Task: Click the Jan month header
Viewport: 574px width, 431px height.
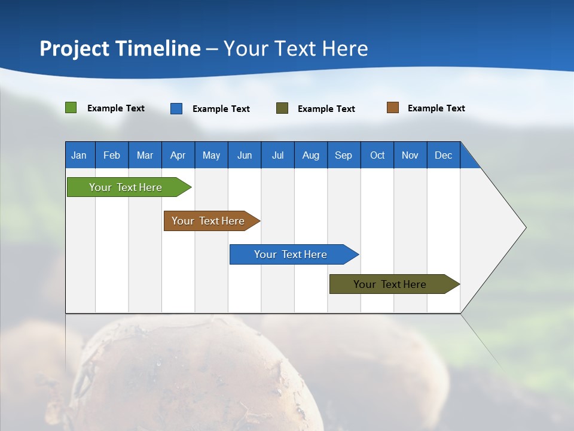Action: point(80,155)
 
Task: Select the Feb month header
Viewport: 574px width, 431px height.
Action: point(112,155)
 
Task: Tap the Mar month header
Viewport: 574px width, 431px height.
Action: point(145,155)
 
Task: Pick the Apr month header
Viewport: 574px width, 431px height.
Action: point(178,155)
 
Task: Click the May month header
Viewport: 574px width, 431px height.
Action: point(211,155)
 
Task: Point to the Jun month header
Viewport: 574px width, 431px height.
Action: point(245,155)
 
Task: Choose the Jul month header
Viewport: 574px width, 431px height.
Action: point(277,155)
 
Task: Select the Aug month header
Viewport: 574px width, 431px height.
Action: point(311,155)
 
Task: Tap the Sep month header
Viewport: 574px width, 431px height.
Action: point(344,155)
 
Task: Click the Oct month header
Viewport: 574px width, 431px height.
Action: point(377,155)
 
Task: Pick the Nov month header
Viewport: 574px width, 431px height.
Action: point(410,155)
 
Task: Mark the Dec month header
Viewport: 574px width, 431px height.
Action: point(444,155)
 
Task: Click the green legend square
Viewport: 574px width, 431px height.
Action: point(71,108)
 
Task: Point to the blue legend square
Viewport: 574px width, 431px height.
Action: point(176,108)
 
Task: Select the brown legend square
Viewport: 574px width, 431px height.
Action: point(393,108)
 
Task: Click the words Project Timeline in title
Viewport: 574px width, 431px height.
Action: point(120,48)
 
